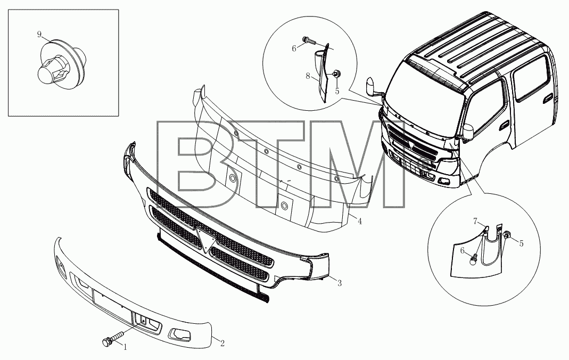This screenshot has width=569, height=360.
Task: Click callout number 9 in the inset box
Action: [x=39, y=35]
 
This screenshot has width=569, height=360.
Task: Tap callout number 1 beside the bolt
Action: [x=126, y=347]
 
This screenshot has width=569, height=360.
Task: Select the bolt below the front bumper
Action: [x=112, y=338]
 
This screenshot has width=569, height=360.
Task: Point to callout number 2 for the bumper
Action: [x=222, y=343]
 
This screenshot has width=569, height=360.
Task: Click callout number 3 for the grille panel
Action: [x=340, y=283]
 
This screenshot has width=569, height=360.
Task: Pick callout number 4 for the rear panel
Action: [x=360, y=221]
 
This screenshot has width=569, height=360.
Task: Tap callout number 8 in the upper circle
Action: [x=308, y=76]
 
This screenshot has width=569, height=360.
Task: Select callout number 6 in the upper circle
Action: [x=294, y=48]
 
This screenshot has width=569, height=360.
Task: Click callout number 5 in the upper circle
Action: [x=337, y=91]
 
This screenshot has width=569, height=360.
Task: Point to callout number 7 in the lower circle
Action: [x=475, y=221]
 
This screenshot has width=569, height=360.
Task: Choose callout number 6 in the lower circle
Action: [x=463, y=250]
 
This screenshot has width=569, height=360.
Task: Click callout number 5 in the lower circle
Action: [x=522, y=244]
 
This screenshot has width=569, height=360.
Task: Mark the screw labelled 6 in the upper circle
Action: [x=309, y=40]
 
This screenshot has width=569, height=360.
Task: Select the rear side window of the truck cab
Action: [x=531, y=78]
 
